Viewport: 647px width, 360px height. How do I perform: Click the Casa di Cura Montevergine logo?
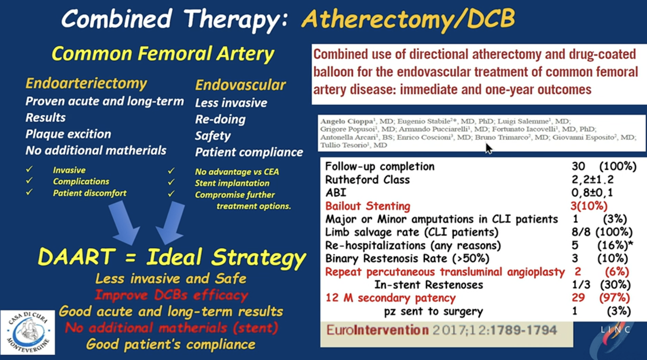(28, 332)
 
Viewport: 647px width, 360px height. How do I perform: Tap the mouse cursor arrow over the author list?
(489, 149)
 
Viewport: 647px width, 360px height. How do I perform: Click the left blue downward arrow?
(124, 223)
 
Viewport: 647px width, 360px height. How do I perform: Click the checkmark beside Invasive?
(29, 169)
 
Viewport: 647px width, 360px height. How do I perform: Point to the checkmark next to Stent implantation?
(171, 182)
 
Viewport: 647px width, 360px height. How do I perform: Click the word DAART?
(76, 256)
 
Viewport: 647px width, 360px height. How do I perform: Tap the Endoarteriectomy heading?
(86, 84)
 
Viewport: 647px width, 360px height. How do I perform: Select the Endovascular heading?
(240, 85)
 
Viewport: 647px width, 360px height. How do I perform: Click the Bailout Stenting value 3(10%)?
(589, 206)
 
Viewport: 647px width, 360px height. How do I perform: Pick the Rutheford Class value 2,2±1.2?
(592, 180)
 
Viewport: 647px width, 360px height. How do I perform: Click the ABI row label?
(336, 193)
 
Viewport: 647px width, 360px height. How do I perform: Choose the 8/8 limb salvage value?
(581, 232)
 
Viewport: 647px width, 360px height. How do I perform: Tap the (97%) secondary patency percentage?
(614, 298)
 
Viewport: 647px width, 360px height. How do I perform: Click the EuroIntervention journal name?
(378, 330)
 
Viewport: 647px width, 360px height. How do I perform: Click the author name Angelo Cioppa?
(347, 121)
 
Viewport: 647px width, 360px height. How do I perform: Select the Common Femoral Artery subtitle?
(163, 54)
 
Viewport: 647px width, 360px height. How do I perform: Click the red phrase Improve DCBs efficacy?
(171, 295)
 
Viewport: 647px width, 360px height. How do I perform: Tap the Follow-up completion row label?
(380, 167)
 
